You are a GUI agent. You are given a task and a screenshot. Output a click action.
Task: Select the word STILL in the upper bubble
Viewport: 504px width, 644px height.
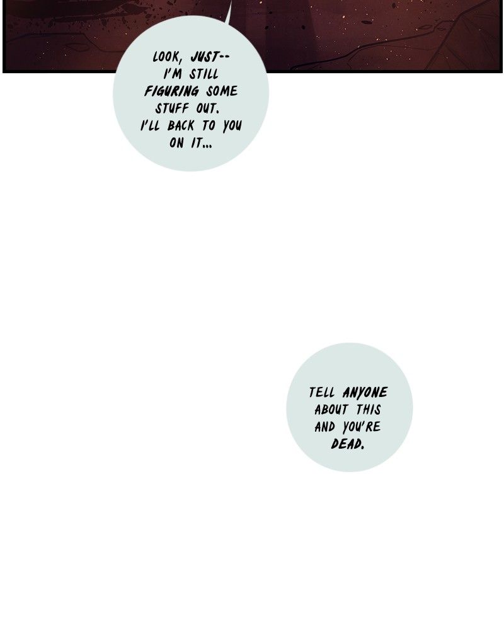click(x=203, y=74)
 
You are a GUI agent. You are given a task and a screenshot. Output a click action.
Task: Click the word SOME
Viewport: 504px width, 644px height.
click(x=221, y=91)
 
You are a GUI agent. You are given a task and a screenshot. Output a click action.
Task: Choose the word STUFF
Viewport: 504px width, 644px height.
click(x=172, y=108)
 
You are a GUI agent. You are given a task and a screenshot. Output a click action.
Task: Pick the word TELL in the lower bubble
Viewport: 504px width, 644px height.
click(x=322, y=393)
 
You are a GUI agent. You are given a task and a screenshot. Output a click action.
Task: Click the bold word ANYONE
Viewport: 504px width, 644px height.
click(x=365, y=393)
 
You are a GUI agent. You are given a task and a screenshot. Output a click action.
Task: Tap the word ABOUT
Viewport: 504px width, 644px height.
click(x=331, y=410)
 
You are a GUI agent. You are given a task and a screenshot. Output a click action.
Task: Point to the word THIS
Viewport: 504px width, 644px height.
click(x=368, y=410)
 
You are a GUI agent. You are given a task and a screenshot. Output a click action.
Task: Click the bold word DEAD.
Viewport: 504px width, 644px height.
click(x=348, y=444)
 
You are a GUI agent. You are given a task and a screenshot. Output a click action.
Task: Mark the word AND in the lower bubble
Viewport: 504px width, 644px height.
click(x=325, y=427)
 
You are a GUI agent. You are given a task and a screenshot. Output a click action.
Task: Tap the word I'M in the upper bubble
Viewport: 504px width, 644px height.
click(x=173, y=74)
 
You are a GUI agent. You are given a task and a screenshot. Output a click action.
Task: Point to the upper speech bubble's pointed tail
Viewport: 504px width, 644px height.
click(x=229, y=6)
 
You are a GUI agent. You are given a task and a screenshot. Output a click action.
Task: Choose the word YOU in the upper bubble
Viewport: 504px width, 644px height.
click(x=232, y=125)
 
